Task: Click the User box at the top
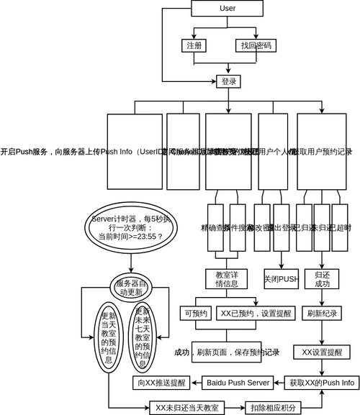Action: point(227,9)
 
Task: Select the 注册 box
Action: point(194,45)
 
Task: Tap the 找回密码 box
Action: point(256,45)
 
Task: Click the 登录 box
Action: point(228,81)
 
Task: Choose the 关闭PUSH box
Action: point(281,279)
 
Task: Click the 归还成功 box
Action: point(322,279)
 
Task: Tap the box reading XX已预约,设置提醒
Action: point(247,314)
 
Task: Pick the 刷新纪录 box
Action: point(322,314)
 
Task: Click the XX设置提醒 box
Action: point(322,352)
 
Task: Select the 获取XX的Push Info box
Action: point(322,383)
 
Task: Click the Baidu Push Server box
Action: point(238,383)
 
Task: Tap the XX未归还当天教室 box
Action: point(186,408)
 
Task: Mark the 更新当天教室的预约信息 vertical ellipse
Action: point(109,338)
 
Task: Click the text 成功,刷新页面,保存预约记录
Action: point(227,352)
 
